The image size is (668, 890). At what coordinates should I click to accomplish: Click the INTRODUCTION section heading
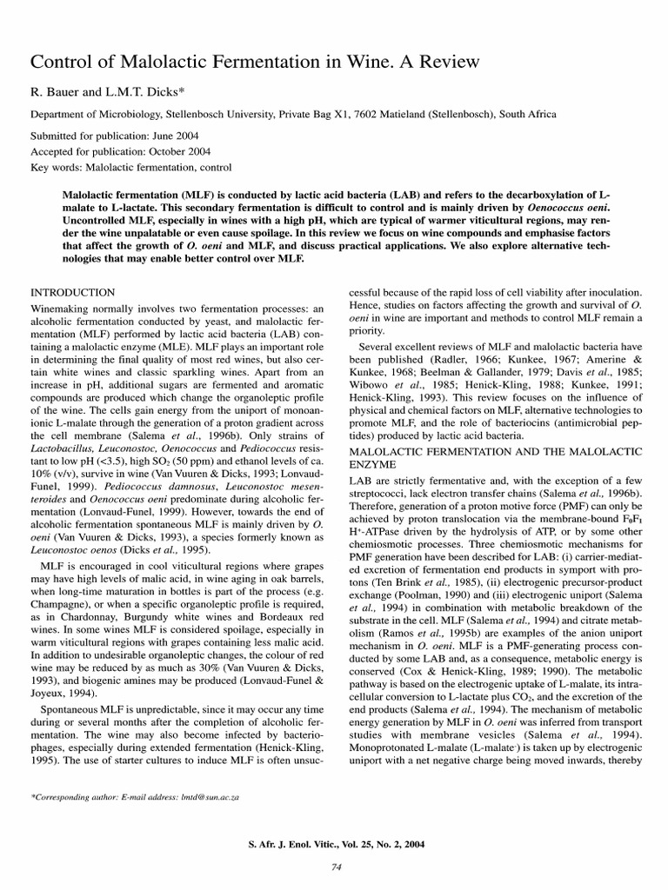(x=72, y=293)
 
